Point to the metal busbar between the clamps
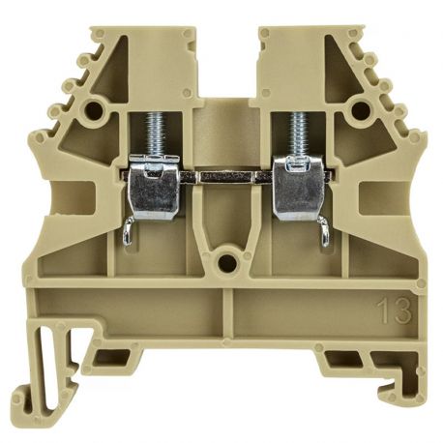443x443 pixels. coord(222,178)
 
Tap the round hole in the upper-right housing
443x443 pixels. coord(362,108)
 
